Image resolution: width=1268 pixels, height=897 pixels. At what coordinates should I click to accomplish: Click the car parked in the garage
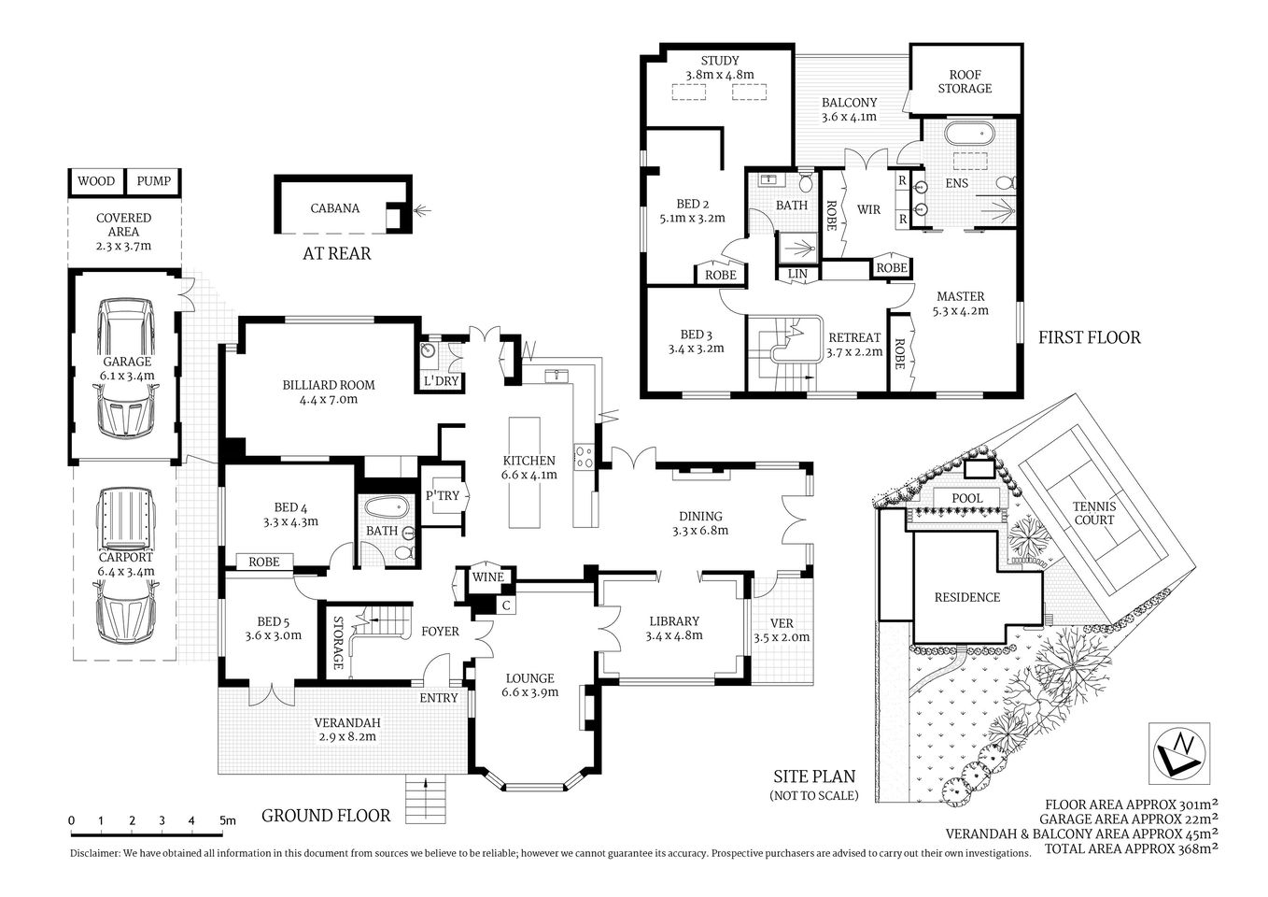[x=126, y=367]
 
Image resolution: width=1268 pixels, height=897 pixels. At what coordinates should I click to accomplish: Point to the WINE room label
[x=487, y=577]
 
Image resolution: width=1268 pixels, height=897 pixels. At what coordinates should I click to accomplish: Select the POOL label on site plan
[x=966, y=498]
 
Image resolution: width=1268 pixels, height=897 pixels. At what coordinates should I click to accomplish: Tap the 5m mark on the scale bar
[x=225, y=820]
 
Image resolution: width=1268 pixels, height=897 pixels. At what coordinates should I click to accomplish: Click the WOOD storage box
[x=96, y=181]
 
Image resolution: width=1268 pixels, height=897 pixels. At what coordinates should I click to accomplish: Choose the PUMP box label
[x=154, y=181]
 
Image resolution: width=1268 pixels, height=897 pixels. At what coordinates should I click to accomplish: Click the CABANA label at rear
[x=335, y=208]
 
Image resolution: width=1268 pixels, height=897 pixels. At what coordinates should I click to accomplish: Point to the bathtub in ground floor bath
[x=386, y=508]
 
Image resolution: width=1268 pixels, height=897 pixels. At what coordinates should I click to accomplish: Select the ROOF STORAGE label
[x=965, y=81]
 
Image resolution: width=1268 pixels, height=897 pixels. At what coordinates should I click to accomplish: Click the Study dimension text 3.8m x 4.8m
[x=719, y=75]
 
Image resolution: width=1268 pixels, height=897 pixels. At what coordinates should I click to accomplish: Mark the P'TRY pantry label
[x=443, y=495]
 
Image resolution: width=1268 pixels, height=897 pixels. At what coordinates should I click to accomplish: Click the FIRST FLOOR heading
[x=1089, y=337]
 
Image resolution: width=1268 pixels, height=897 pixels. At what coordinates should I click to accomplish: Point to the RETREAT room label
[x=854, y=337]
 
